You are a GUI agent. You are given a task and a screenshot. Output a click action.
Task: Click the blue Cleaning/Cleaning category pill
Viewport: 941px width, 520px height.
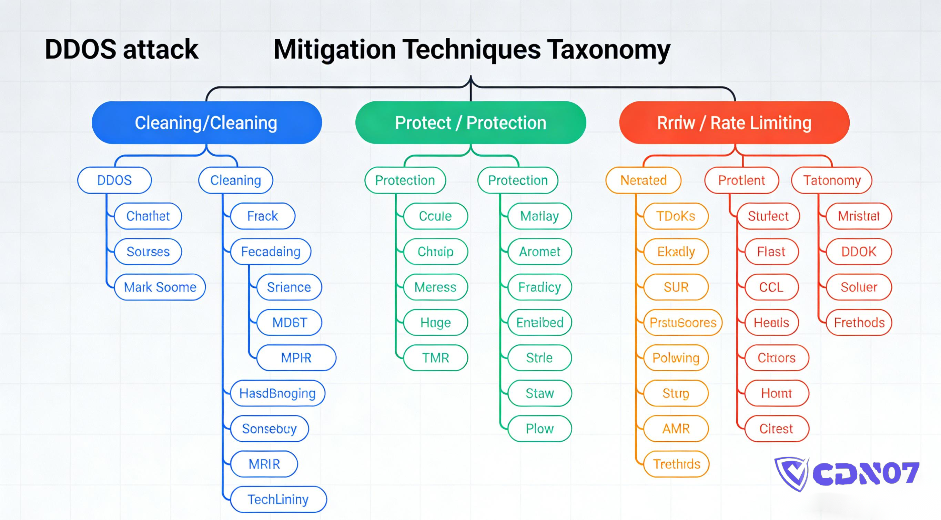coord(206,122)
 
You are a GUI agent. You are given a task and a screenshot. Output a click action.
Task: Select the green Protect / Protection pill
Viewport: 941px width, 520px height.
coord(470,122)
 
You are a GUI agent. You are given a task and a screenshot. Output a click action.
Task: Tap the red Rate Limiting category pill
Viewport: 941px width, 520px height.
coord(734,122)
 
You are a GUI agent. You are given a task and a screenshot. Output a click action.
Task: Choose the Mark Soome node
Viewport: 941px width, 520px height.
coord(160,287)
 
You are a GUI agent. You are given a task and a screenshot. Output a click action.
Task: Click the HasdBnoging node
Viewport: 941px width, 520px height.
coord(277,393)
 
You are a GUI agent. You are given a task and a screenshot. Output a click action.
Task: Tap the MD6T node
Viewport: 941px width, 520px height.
coord(289,323)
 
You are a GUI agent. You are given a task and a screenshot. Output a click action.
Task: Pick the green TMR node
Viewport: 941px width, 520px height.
coord(435,357)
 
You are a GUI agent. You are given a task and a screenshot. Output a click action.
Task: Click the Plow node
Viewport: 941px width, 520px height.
coord(539,429)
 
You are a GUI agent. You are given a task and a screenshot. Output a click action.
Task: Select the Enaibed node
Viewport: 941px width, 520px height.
coord(539,323)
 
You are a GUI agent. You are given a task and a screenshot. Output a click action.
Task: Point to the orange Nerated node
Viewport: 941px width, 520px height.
coord(643,180)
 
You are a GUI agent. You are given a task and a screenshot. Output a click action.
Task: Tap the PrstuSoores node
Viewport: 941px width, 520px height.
coord(683,323)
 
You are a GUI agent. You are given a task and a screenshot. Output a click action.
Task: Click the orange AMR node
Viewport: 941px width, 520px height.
coord(676,429)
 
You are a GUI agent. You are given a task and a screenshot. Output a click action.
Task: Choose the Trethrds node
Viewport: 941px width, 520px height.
coord(676,464)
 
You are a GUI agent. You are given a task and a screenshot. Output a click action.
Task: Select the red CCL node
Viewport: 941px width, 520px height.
coord(771,287)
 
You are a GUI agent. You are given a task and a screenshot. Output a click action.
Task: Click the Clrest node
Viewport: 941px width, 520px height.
coord(776,429)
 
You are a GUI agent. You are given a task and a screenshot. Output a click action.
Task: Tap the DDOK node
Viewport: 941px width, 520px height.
coord(859,252)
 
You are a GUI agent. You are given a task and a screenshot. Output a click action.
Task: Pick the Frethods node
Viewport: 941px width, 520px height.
coord(859,323)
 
